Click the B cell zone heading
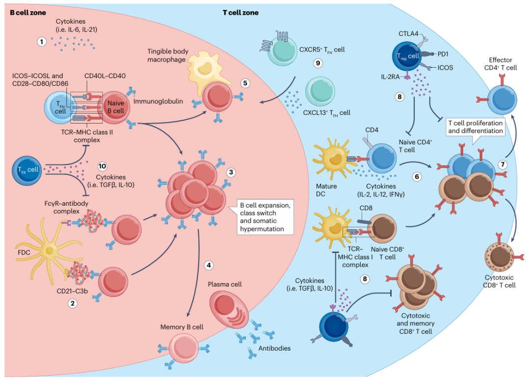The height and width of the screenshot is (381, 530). tap(27, 13)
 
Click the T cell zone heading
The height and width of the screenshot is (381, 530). tap(240, 13)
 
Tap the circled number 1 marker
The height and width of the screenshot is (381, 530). tap(42, 42)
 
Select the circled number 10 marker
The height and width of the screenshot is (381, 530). tap(102, 166)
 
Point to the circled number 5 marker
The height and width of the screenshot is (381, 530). tap(245, 83)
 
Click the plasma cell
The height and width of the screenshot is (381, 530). tap(229, 310)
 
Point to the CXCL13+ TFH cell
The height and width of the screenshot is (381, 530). tap(320, 91)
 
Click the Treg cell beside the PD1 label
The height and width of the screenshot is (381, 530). tap(407, 56)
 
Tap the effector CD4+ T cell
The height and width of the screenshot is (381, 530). tap(502, 100)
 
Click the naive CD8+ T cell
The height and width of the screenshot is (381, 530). tap(382, 229)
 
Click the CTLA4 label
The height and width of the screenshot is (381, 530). tap(408, 33)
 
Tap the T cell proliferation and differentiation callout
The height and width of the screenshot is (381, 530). tap(475, 127)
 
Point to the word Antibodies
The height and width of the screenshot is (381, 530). tap(274, 348)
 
